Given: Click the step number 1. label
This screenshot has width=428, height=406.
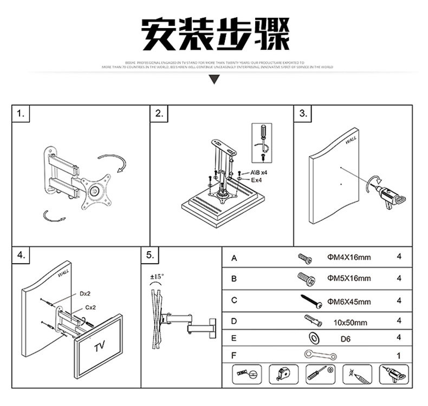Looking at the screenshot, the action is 21,114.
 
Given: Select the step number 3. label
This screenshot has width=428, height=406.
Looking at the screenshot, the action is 304,114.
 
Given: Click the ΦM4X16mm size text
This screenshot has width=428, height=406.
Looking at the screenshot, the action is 349,258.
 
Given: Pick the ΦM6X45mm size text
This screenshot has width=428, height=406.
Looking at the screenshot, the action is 349,302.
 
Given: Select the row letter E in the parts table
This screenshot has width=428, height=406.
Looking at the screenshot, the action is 234,338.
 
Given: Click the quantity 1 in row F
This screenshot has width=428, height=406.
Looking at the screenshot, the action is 398,356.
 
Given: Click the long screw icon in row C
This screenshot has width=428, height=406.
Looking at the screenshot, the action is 312,301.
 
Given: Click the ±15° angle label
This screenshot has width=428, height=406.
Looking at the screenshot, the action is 156,277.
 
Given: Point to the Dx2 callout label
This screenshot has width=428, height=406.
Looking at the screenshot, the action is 85,293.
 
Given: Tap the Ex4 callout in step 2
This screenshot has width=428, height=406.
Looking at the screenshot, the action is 257,180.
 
